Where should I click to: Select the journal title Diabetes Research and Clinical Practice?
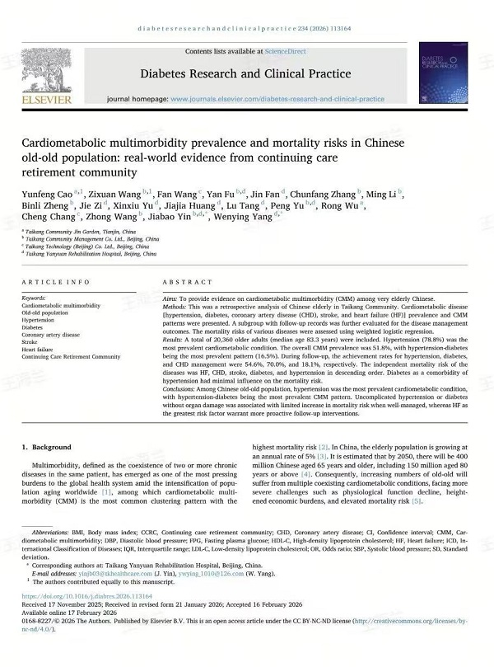click(x=245, y=73)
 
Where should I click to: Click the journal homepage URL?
click(x=277, y=99)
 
